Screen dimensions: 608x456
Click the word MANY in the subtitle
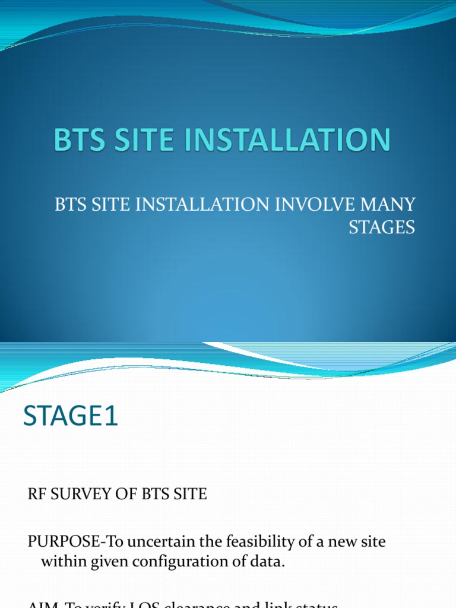pos(389,205)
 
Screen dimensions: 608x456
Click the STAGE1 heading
pos(71,416)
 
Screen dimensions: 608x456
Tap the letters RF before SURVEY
pos(36,494)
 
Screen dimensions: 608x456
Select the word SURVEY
pos(77,494)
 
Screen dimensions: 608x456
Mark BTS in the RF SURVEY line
pos(150,494)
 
